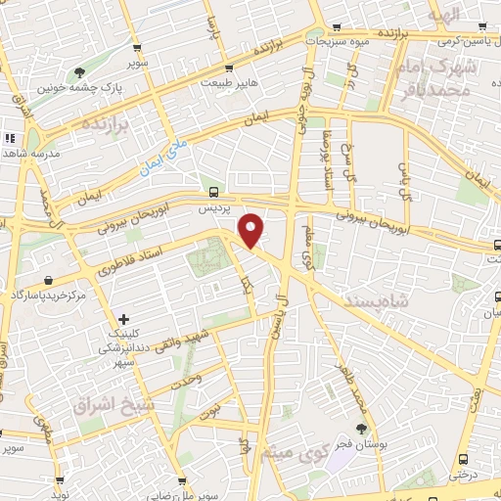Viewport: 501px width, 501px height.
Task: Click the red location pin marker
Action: [251, 230]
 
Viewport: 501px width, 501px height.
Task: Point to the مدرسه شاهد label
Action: [30, 155]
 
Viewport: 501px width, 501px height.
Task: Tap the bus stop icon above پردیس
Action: [214, 192]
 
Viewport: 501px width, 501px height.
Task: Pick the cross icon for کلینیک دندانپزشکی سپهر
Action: [122, 319]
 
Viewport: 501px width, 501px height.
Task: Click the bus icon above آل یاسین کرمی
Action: [480, 26]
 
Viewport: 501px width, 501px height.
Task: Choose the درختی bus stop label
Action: [465, 474]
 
